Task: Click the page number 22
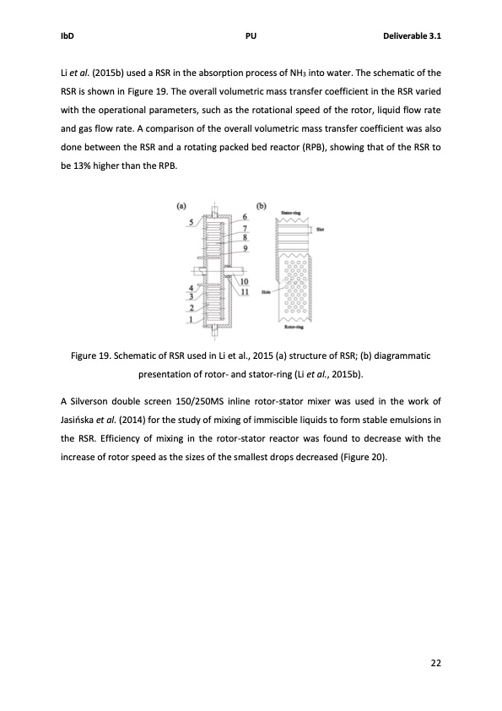coord(435,664)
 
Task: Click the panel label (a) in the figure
coord(181,204)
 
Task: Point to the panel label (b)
coord(261,204)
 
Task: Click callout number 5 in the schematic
coord(192,223)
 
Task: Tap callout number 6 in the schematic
coord(244,218)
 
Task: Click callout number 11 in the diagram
coord(245,291)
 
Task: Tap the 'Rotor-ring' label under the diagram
coord(293,334)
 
